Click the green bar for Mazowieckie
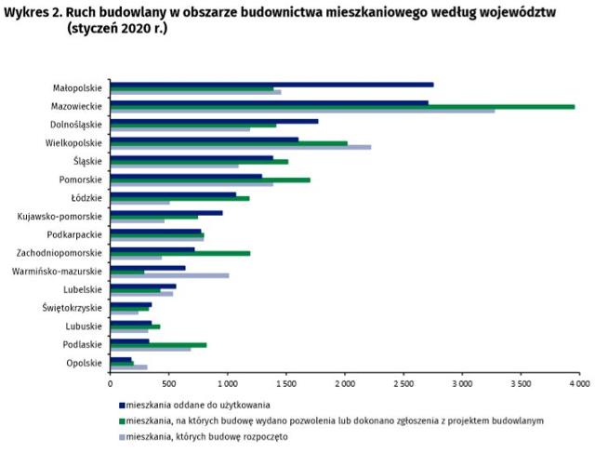point(342,107)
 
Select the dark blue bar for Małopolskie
point(271,85)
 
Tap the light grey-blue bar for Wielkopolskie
point(241,147)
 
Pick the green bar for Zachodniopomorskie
point(180,253)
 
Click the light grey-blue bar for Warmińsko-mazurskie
point(169,275)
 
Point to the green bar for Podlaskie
point(158,345)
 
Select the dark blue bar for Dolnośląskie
point(214,121)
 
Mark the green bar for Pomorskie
point(210,180)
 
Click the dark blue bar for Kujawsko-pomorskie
point(166,213)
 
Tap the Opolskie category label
point(85,363)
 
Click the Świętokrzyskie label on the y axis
point(73,308)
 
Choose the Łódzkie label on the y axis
point(86,198)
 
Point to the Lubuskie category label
point(84,326)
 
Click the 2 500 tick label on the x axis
point(403,384)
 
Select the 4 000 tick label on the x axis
point(579,384)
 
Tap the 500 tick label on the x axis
point(169,384)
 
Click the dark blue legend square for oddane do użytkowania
point(122,406)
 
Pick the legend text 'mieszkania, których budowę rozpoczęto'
point(206,437)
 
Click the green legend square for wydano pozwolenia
point(122,421)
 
